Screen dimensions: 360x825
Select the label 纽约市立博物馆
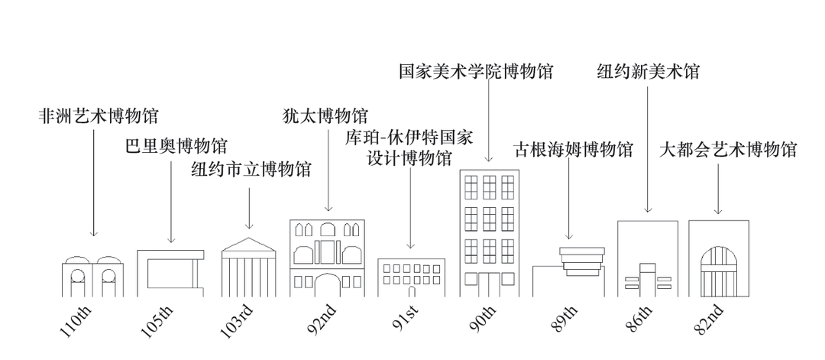point(251,169)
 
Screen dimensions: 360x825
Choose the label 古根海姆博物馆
point(573,149)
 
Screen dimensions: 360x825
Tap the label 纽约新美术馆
point(648,72)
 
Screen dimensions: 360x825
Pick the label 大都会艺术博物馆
point(727,149)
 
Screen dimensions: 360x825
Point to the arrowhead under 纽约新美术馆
point(648,209)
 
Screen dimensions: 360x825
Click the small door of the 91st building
point(412,291)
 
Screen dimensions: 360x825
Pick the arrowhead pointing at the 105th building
point(170,239)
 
